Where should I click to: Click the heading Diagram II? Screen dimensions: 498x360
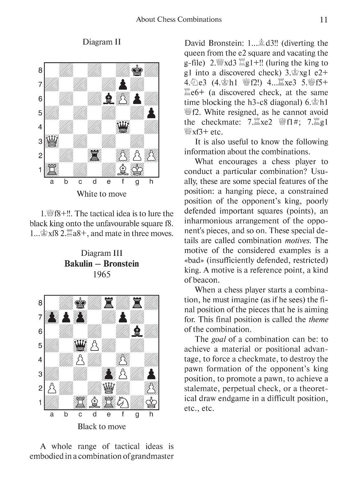101,42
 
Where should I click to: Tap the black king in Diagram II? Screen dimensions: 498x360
137,70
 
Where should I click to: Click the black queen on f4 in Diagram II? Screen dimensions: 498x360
123,127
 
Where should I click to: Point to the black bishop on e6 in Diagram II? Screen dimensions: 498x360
109,99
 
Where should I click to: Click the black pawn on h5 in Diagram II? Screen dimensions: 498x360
151,113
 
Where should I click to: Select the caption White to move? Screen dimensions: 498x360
101,194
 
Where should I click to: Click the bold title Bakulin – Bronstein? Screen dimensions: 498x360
101,264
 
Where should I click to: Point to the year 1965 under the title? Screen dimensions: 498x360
101,274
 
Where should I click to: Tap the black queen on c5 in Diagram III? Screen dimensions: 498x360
80,345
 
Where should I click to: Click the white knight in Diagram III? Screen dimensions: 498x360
123,402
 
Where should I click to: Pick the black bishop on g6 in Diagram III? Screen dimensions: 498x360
137,331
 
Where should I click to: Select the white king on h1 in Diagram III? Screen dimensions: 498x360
151,402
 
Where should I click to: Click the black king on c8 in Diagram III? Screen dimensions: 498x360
80,303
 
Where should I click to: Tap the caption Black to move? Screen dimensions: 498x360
101,426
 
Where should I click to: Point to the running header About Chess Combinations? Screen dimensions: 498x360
179,20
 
